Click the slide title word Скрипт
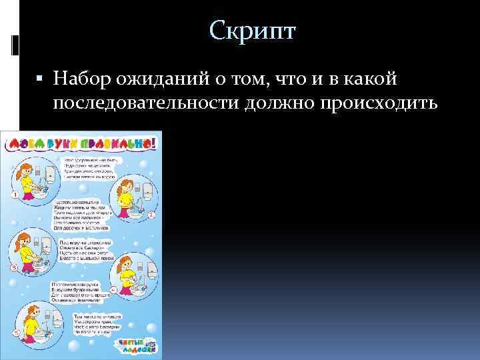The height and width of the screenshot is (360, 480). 252,31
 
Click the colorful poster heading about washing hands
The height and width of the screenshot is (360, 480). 83,141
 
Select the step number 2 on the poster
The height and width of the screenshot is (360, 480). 153,215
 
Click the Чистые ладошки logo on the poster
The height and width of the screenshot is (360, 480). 137,346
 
